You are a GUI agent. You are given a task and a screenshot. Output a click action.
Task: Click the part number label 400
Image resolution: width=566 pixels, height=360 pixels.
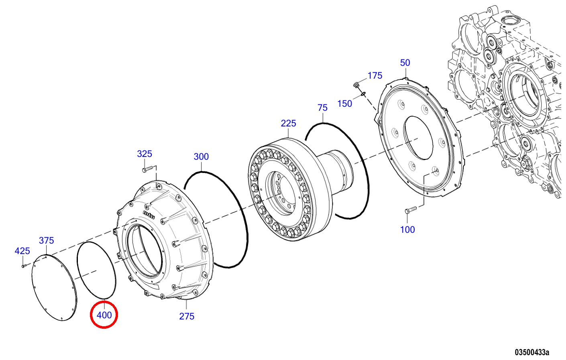[x=104, y=315]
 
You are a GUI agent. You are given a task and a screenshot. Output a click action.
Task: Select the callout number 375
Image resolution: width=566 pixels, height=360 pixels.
[x=47, y=240]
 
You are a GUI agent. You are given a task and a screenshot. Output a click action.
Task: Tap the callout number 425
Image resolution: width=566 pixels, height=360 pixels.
[x=22, y=251]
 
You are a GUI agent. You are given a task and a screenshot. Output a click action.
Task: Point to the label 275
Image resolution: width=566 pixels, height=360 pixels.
[x=187, y=316]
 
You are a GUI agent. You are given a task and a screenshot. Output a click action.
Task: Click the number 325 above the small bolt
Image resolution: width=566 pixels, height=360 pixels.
[x=145, y=154]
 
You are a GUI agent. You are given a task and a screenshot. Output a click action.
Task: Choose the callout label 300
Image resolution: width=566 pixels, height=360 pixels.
[x=201, y=157]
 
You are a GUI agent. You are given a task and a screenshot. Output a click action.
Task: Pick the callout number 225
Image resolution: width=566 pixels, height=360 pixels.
[x=288, y=123]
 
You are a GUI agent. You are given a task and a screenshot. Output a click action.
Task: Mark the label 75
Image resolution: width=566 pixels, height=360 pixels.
[x=323, y=108]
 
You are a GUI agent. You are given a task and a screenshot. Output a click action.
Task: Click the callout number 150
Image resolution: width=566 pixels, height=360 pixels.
[x=345, y=104]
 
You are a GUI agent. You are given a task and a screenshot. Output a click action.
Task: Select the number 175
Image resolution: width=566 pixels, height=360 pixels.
[x=375, y=75]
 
